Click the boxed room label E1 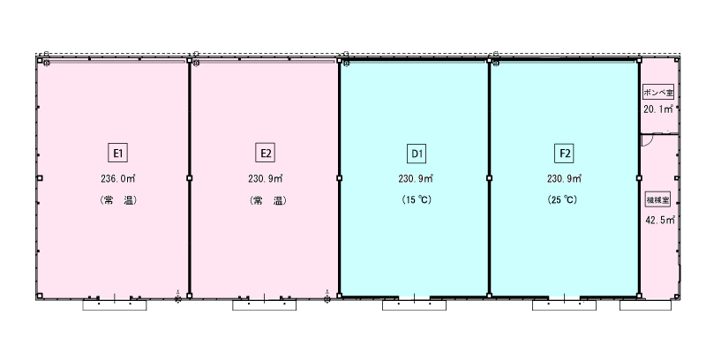117,153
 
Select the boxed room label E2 266,153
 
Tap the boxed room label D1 417,154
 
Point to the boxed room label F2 565,154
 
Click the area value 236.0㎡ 118,178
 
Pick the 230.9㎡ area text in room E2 266,178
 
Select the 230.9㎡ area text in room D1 416,178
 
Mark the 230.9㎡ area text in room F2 565,178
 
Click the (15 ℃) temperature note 416,199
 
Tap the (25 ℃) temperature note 562,199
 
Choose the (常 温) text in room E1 117,200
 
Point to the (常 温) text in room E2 267,200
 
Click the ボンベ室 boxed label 658,93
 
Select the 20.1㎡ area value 658,109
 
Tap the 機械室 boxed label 657,199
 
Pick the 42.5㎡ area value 659,220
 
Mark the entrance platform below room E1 115,305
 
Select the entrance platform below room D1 414,305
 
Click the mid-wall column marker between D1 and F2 490,178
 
